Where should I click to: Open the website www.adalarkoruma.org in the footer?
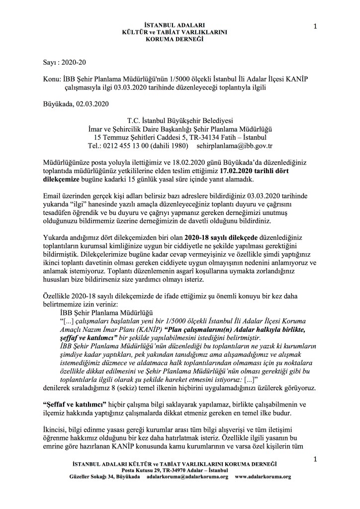[263, 476]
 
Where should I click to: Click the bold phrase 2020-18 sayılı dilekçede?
[221, 237]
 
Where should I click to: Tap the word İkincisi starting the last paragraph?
[56, 429]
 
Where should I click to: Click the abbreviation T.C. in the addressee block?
[135, 120]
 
